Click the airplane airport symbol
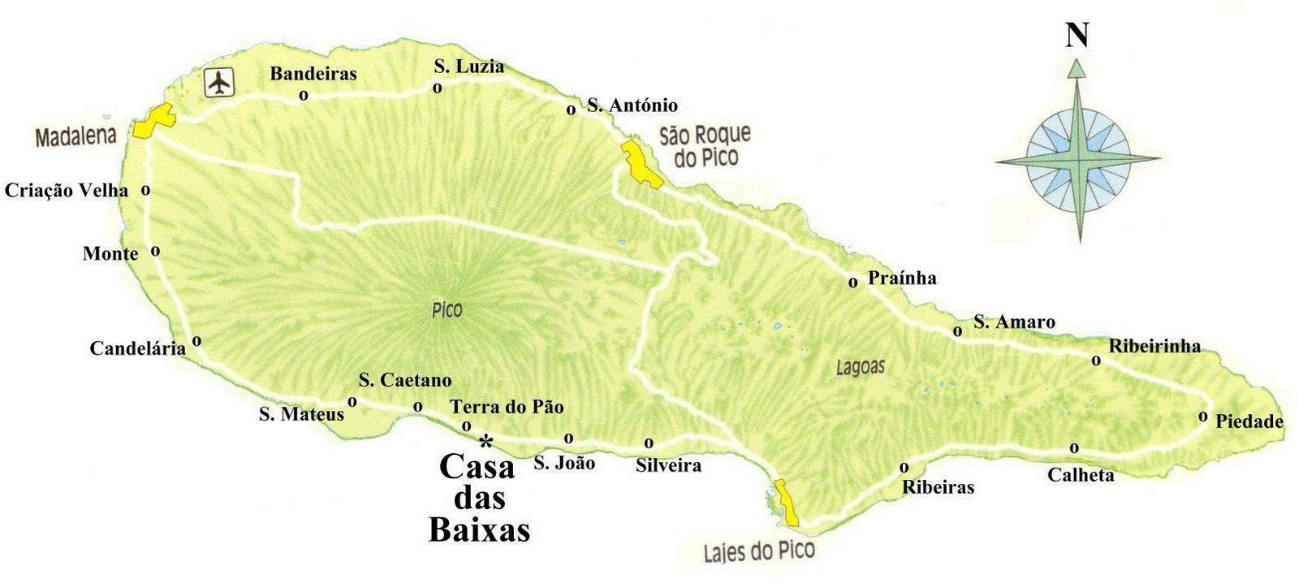[x=218, y=83]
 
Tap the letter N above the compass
[x=1077, y=37]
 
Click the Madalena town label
[x=76, y=136]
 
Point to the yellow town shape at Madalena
[x=154, y=122]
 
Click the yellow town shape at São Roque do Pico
[x=641, y=166]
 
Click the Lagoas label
[x=860, y=368]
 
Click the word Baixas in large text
[x=479, y=529]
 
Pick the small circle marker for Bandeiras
[x=304, y=95]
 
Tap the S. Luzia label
[x=468, y=67]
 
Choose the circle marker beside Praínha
[x=852, y=283]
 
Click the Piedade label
[x=1249, y=421]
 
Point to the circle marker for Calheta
[x=1074, y=447]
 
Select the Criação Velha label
[x=66, y=191]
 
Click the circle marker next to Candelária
[x=196, y=341]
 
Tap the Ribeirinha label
[x=1154, y=346]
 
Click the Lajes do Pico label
[x=758, y=552]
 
